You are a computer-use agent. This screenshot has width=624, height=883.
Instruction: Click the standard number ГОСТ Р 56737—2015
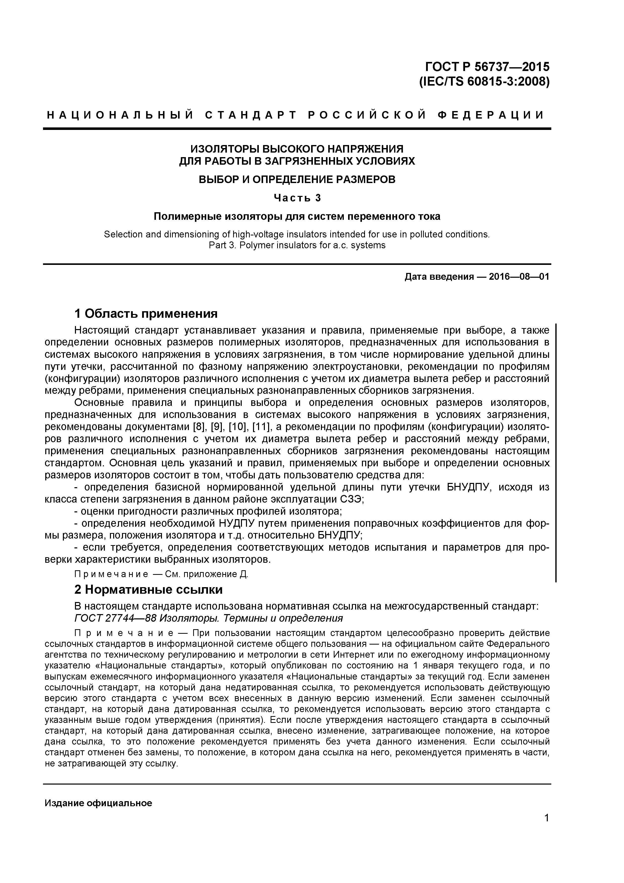pyautogui.click(x=487, y=67)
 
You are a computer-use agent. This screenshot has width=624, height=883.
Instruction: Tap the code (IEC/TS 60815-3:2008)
pyautogui.click(x=484, y=82)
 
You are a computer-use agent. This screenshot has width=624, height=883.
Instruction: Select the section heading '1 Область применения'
pyautogui.click(x=146, y=313)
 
